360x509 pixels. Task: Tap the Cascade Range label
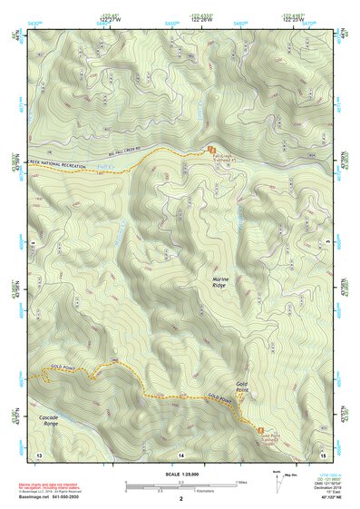(52, 421)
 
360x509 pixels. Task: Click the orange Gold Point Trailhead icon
(261, 430)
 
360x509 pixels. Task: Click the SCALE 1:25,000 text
(180, 471)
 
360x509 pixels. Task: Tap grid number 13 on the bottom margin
(38, 454)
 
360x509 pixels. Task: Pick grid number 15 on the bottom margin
(322, 454)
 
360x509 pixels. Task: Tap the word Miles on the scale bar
(241, 481)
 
